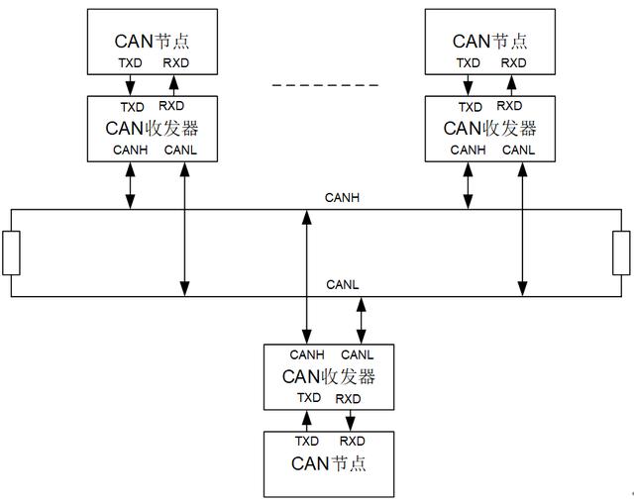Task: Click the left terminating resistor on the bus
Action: (11, 252)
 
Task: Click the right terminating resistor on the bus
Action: (621, 252)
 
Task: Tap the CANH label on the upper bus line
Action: (342, 198)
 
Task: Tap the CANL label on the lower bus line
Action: (342, 285)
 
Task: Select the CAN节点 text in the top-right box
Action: (490, 41)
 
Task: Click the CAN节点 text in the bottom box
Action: (328, 462)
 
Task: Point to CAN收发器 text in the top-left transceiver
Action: (152, 128)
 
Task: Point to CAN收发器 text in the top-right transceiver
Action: (490, 128)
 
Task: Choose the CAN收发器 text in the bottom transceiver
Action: (328, 376)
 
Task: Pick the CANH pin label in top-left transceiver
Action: (131, 151)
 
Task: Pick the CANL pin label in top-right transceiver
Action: (519, 151)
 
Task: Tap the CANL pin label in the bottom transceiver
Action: (358, 354)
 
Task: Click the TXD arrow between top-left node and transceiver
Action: (130, 84)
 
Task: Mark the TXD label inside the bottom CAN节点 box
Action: (307, 441)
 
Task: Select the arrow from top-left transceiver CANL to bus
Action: (183, 228)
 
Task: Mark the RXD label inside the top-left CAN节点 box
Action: (174, 62)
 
